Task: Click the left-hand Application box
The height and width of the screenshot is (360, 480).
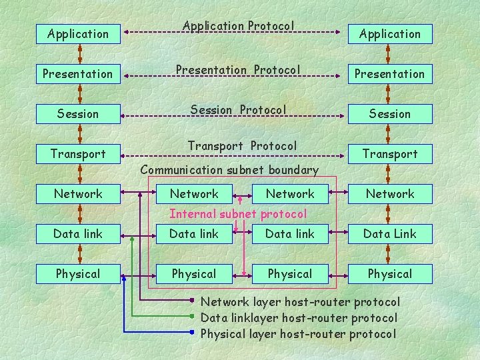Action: [78, 33]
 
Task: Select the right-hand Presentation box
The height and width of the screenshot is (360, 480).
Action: [389, 73]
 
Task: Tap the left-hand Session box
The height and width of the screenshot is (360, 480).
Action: [78, 113]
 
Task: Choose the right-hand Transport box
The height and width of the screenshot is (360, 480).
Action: [389, 153]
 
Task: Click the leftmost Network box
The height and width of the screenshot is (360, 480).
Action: [78, 193]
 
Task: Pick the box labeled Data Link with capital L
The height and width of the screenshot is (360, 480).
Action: [389, 233]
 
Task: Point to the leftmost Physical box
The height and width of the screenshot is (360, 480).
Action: [78, 273]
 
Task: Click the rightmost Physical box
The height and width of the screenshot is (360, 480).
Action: [389, 273]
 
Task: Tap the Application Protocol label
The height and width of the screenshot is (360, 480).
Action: [238, 26]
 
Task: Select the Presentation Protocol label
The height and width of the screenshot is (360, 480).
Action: [238, 69]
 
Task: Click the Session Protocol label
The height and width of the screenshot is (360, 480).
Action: [238, 109]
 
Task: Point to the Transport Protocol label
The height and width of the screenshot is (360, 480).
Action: [242, 145]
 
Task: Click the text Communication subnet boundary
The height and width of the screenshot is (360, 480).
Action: [229, 170]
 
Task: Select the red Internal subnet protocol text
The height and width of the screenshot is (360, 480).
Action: [238, 214]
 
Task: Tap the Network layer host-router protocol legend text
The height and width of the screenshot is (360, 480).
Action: [300, 302]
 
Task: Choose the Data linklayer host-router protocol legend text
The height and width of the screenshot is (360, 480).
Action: [299, 318]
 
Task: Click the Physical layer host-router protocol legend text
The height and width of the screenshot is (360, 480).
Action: [298, 333]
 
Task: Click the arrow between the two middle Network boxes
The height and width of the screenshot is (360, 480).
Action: [242, 194]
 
